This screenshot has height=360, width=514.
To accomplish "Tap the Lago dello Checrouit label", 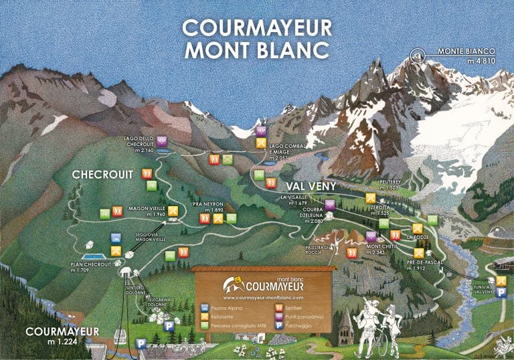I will [140, 144].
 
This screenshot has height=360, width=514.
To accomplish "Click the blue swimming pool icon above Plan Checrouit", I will [116, 238].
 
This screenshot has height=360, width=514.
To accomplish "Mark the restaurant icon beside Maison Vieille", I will [173, 211].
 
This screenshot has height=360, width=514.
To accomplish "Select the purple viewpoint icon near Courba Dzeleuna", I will [329, 204].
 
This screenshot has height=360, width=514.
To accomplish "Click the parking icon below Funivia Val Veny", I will [501, 292].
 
